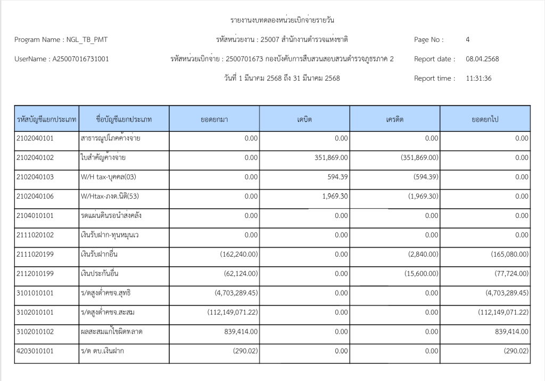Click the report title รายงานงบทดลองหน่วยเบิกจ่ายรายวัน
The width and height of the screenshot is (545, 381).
(x=282, y=20)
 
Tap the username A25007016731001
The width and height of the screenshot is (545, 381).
(x=80, y=59)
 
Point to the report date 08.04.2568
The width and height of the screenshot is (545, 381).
(x=482, y=59)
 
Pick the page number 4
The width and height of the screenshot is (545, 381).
(x=467, y=39)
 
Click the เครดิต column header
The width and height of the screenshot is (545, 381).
(x=395, y=119)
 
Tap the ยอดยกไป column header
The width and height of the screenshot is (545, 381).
(x=485, y=119)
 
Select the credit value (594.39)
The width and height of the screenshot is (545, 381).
(x=423, y=177)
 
